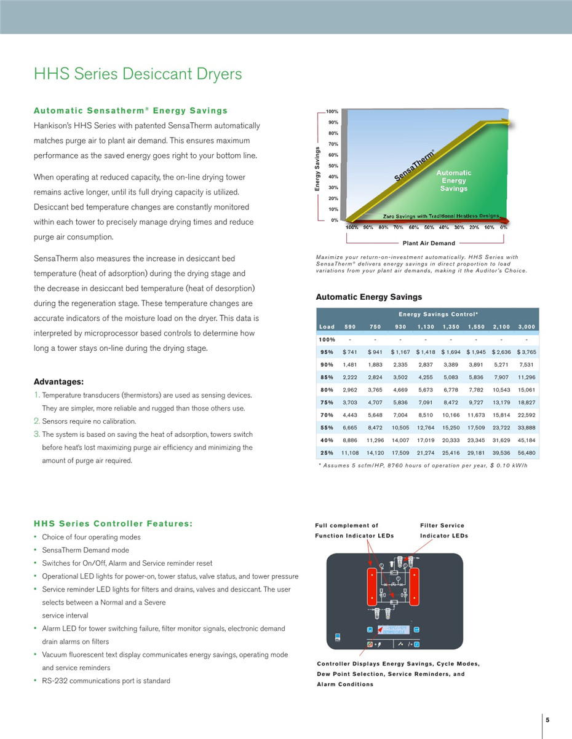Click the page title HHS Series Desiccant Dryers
click(138, 74)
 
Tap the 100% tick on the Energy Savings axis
click(332, 112)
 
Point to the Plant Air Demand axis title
click(429, 243)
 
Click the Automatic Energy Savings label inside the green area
click(454, 181)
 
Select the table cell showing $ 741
click(349, 352)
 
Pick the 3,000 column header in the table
click(526, 327)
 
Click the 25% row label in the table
click(326, 453)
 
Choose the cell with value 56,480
click(526, 453)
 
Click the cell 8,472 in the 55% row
click(375, 428)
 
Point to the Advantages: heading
click(58, 381)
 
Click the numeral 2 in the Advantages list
click(37, 421)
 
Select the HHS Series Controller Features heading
click(113, 524)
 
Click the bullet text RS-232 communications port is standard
click(106, 681)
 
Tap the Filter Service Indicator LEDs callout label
click(443, 530)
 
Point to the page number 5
click(547, 720)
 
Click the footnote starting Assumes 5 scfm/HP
click(423, 465)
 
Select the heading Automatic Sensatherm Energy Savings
click(130, 111)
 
